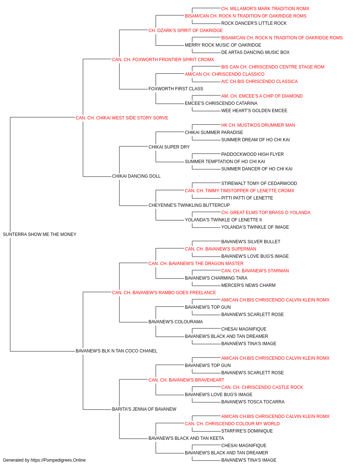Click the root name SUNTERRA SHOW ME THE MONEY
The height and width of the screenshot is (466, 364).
39,234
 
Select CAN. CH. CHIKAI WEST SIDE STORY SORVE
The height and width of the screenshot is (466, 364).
122,118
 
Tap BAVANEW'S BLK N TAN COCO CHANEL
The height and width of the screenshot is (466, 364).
116,351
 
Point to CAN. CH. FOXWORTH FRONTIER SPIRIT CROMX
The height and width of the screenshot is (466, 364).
163,59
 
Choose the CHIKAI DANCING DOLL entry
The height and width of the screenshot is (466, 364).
136,176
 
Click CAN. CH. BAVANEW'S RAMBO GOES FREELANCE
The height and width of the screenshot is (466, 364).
164,292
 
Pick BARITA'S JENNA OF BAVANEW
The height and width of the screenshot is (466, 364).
144,409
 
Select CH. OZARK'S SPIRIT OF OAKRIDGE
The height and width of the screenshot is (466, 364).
185,31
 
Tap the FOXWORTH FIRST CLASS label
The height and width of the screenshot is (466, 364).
175,88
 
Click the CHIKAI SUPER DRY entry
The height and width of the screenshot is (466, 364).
169,147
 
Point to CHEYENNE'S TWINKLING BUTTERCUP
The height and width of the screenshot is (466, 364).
189,205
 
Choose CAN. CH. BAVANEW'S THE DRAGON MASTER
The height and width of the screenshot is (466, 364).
196,263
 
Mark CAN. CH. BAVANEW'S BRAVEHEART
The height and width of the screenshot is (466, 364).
186,380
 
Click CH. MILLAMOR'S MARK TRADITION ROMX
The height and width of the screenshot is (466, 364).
265,9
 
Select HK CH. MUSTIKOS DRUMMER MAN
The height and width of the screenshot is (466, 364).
258,125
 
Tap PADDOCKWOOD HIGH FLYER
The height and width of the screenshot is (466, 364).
252,154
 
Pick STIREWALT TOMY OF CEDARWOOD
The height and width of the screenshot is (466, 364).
259,183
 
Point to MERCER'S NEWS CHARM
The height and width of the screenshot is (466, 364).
248,285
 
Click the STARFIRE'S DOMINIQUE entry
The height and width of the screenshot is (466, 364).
247,431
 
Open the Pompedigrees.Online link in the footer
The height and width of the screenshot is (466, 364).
58,460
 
